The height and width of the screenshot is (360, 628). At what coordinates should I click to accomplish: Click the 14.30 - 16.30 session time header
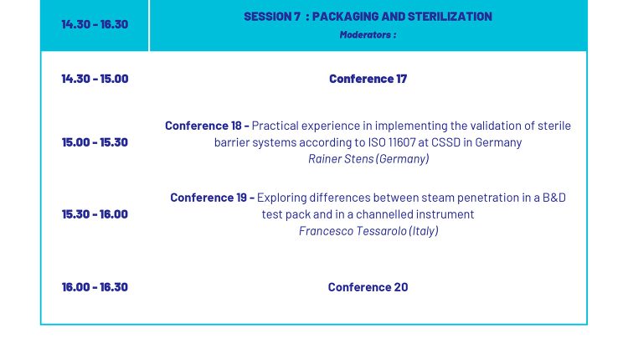pyautogui.click(x=95, y=24)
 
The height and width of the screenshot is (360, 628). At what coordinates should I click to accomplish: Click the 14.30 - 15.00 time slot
pyautogui.click(x=95, y=79)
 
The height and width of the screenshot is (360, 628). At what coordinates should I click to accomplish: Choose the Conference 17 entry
pyautogui.click(x=368, y=79)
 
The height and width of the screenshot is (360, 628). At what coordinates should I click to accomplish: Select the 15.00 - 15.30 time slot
pyautogui.click(x=95, y=142)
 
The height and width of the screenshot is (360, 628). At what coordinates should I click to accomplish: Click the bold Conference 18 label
pyautogui.click(x=203, y=126)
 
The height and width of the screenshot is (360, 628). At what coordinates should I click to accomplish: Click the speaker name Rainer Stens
pyautogui.click(x=341, y=159)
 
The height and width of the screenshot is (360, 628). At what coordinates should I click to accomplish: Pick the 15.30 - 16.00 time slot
pyautogui.click(x=95, y=214)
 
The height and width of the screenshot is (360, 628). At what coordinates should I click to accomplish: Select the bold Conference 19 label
pyautogui.click(x=208, y=198)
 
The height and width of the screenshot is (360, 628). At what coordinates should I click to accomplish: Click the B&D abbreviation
pyautogui.click(x=554, y=198)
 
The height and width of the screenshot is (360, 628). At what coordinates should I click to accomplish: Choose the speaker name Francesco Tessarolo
pyautogui.click(x=353, y=231)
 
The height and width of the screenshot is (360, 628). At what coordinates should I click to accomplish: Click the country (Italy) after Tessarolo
pyautogui.click(x=424, y=231)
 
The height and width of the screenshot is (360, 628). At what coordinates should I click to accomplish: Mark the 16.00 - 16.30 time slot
pyautogui.click(x=95, y=286)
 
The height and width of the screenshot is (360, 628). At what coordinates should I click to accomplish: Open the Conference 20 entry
pyautogui.click(x=368, y=287)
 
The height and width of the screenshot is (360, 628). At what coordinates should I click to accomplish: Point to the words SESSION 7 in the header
pyautogui.click(x=272, y=17)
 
